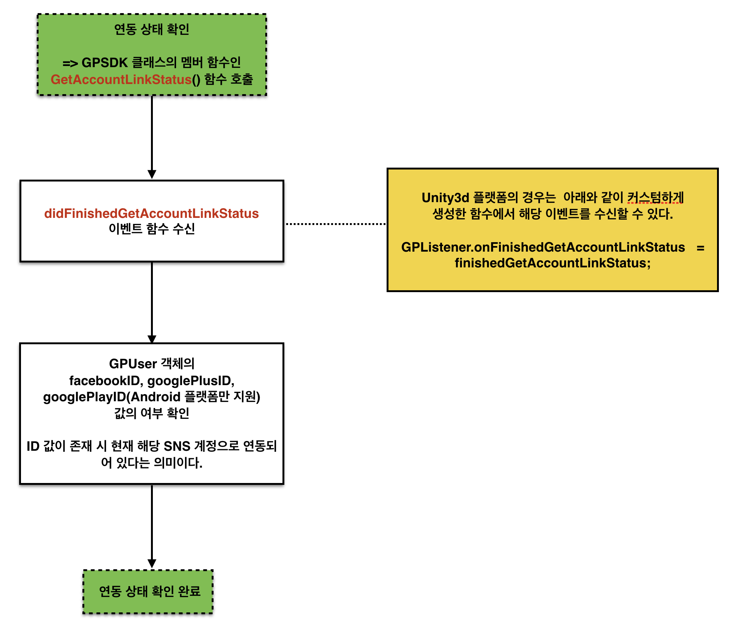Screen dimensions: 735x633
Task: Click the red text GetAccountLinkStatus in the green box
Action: (x=121, y=79)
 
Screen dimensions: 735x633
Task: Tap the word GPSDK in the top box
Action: (x=105, y=62)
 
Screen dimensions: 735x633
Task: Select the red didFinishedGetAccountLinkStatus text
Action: (x=151, y=213)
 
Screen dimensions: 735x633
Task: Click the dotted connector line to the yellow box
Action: (x=336, y=224)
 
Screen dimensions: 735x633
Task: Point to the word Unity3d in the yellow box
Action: (x=445, y=198)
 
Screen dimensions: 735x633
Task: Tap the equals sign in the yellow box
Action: (x=700, y=248)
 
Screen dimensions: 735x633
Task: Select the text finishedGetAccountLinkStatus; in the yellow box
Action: (x=553, y=263)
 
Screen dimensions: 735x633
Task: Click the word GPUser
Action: (x=133, y=364)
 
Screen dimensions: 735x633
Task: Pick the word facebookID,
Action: (x=106, y=381)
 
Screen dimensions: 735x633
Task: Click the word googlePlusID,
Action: (x=191, y=381)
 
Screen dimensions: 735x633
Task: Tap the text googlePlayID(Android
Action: (x=112, y=397)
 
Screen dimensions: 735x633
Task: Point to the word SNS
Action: (x=177, y=446)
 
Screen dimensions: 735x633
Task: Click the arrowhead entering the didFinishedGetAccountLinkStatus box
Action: (x=152, y=174)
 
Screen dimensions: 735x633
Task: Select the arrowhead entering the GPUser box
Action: (x=152, y=339)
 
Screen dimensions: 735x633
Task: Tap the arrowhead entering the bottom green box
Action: (x=152, y=564)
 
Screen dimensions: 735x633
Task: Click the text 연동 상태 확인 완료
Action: (x=149, y=591)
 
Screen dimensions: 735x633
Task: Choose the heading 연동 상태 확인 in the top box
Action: (x=151, y=29)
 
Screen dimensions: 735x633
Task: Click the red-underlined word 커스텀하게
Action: (x=655, y=197)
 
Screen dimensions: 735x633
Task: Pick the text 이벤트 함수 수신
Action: (x=151, y=229)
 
